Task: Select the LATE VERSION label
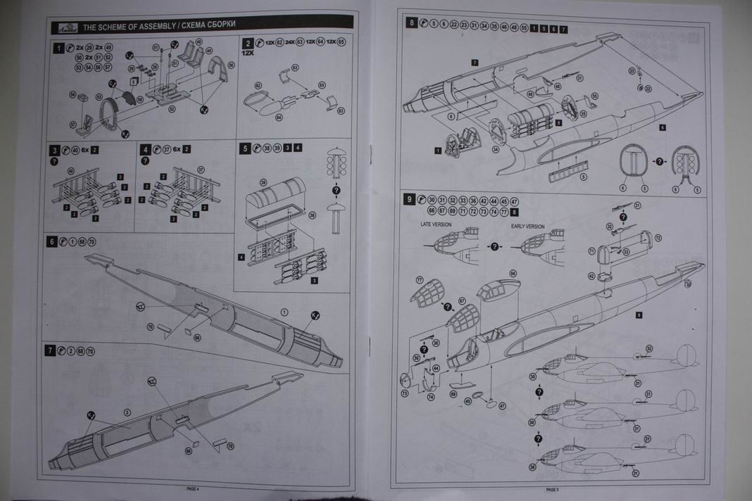[436, 225]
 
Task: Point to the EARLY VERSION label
[528, 227]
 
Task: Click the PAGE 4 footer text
[192, 488]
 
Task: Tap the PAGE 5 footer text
[551, 489]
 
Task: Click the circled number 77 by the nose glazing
[420, 280]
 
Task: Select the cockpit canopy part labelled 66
[499, 288]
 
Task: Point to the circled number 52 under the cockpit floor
[172, 109]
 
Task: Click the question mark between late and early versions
[494, 246]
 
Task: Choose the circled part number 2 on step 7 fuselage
[127, 412]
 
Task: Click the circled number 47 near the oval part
[501, 406]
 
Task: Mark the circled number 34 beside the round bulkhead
[495, 148]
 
